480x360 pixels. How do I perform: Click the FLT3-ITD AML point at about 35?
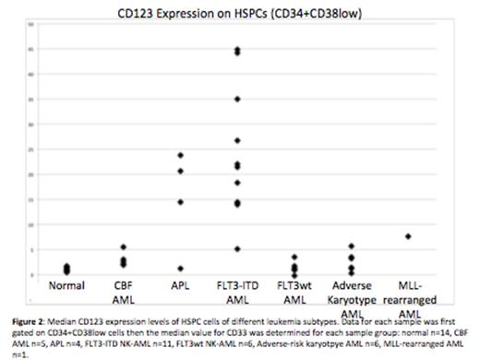point(237,99)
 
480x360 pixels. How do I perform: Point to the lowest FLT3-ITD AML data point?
point(237,249)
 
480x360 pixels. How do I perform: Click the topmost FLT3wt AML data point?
point(294,257)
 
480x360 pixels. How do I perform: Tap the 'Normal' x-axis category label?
point(66,285)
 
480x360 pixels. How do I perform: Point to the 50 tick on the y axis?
point(30,24)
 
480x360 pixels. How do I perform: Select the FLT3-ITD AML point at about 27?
point(237,140)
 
